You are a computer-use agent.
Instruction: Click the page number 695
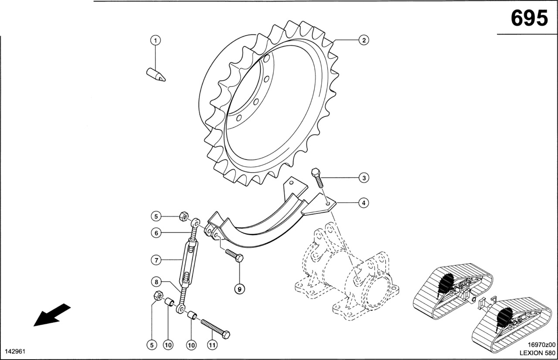coord(529,19)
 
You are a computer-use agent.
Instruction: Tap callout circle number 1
coord(156,41)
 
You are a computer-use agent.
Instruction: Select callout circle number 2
coord(364,41)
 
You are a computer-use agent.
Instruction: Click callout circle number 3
coord(364,178)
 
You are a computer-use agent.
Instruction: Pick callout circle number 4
coord(364,202)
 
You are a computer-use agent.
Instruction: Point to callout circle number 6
coord(156,233)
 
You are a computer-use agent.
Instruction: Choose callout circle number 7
coord(156,260)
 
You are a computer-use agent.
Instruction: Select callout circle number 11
coord(211,345)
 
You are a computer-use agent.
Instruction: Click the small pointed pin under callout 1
coord(156,75)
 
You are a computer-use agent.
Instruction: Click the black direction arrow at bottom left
coord(51,315)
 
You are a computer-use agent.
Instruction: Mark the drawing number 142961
coord(14,351)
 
